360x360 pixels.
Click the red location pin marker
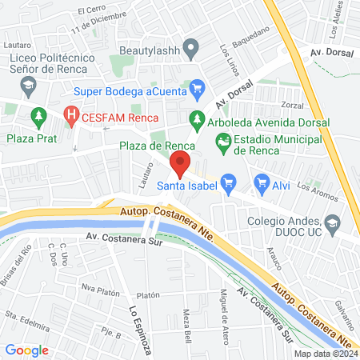point(181,165)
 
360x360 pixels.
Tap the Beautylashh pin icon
point(190,50)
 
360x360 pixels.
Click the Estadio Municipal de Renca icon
point(223,143)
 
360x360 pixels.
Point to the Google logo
point(26,350)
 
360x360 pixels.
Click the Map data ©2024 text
point(325,354)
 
